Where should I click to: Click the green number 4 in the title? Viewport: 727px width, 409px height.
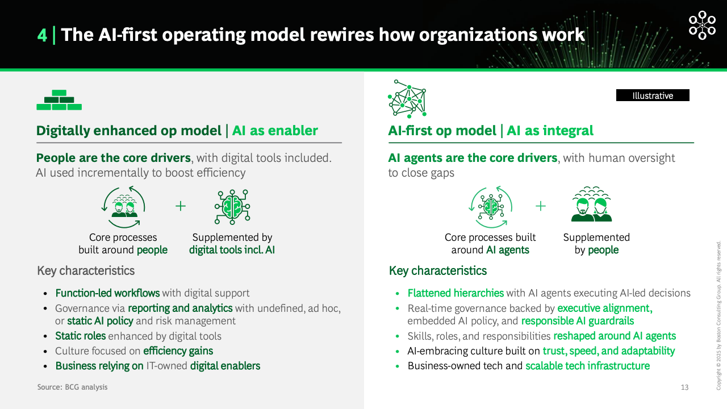pos(42,35)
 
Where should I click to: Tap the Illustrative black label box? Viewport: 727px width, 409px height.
pos(653,95)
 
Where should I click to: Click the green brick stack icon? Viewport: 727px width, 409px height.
pos(59,100)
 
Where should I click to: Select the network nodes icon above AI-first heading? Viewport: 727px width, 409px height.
pos(407,99)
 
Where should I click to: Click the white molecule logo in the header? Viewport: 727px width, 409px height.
pos(702,26)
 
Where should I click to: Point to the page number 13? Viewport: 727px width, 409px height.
pos(684,387)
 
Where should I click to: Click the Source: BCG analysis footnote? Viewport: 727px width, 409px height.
pos(72,387)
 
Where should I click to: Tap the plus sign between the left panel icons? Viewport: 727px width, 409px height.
pos(181,206)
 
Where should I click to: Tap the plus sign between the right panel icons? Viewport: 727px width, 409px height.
pos(540,206)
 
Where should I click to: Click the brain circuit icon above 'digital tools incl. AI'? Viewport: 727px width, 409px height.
pos(232,207)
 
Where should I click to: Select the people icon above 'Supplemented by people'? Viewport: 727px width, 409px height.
pos(591,204)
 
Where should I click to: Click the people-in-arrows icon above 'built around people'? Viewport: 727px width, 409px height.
pos(123,207)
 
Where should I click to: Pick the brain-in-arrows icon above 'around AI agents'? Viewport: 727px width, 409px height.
pos(490,207)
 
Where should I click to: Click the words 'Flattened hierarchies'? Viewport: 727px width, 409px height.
pos(456,293)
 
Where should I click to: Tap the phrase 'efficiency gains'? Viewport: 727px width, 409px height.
pos(178,351)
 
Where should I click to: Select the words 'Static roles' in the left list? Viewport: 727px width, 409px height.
pos(81,336)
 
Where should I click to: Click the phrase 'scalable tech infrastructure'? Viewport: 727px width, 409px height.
pos(587,366)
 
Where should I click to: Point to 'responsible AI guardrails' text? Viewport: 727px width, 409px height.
pos(578,321)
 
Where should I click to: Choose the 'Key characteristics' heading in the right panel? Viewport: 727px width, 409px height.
pos(438,271)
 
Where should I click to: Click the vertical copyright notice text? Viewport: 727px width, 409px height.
pos(718,315)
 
